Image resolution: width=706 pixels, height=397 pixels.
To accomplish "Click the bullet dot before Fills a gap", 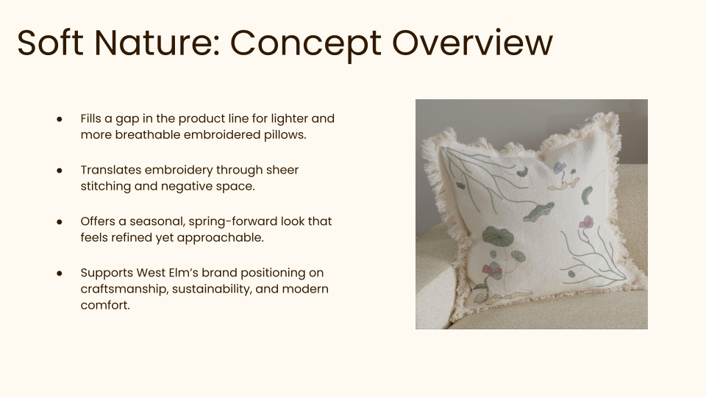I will pos(59,119).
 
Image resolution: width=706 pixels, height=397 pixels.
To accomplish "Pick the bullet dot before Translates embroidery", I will pos(59,171).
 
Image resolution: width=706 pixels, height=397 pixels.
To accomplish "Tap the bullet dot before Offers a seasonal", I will pos(59,221).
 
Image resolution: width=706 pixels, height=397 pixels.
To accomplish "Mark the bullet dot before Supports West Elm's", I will pos(59,273).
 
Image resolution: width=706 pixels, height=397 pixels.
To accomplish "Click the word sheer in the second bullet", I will pos(282,170).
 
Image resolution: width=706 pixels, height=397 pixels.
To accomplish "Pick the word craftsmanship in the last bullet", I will pos(124,289).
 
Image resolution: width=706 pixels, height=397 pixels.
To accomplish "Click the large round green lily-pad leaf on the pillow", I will pos(498,237).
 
